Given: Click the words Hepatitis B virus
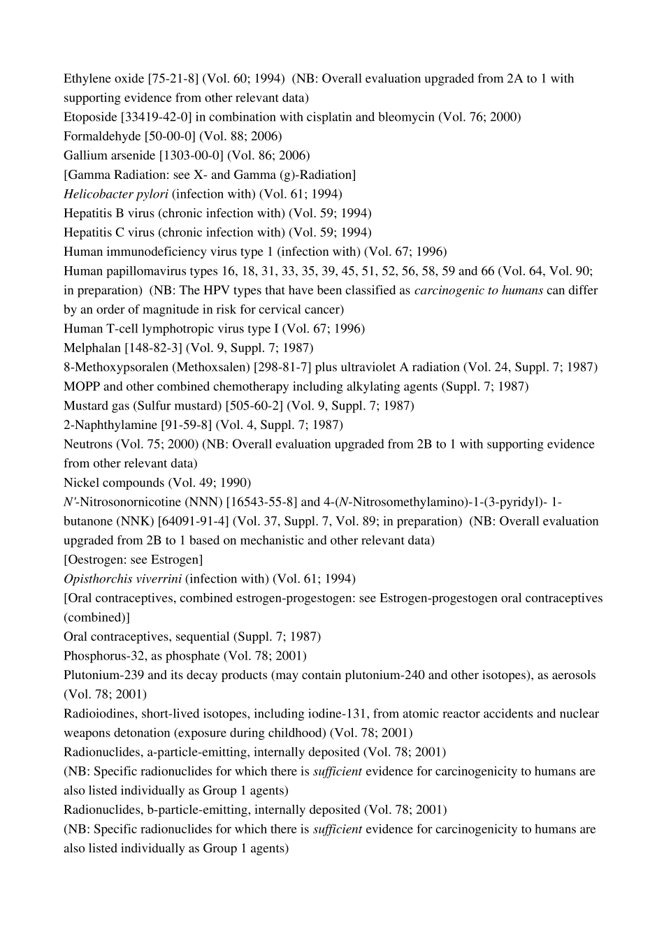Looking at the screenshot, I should click(x=109, y=213).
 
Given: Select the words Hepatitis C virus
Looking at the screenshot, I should click(x=109, y=233).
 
